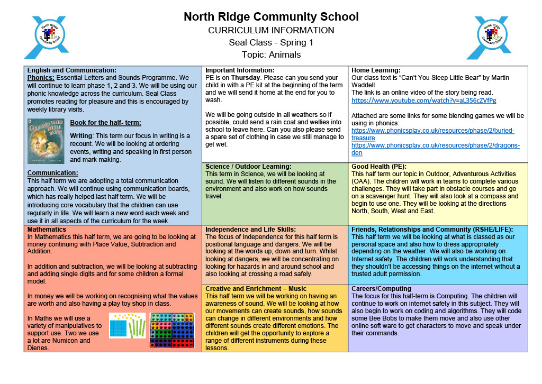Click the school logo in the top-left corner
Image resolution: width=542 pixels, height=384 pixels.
47,37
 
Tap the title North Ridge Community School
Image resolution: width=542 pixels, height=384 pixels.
271,17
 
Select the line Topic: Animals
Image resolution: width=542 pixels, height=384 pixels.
271,54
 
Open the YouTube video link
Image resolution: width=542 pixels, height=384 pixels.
423,100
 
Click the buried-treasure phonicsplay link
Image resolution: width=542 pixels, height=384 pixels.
432,134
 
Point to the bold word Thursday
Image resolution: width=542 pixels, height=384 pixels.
247,77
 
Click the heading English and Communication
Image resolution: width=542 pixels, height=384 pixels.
71,70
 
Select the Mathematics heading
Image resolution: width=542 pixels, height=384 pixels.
47,230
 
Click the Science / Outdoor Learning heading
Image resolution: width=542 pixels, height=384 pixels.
248,166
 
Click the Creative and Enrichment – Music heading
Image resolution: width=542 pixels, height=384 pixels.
256,289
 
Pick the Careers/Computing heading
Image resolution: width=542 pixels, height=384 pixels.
381,289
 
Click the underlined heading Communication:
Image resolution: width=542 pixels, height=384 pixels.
53,173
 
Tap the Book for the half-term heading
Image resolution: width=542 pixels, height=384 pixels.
105,123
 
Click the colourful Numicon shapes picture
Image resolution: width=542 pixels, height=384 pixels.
172,331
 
